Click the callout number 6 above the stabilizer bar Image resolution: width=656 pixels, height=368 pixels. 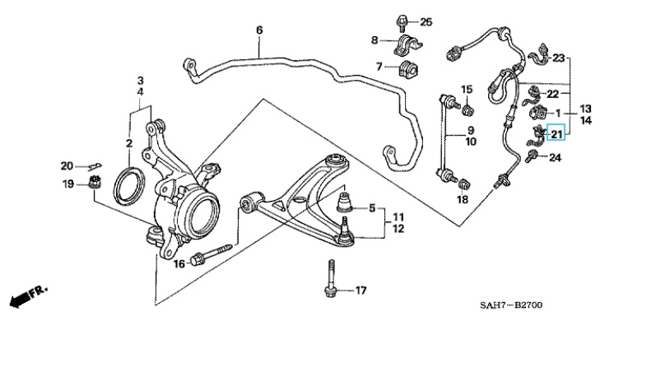tap(259, 30)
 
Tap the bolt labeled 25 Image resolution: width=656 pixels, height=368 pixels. tap(402, 22)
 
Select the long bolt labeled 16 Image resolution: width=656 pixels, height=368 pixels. tap(211, 254)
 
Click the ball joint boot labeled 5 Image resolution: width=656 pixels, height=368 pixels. tap(345, 202)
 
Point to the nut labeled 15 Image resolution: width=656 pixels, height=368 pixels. tap(468, 109)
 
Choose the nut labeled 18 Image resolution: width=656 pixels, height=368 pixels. tap(465, 184)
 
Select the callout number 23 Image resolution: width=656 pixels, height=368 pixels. tap(559, 58)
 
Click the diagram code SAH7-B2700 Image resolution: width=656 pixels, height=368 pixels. tap(511, 305)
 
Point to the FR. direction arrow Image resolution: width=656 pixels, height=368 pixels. tap(29, 296)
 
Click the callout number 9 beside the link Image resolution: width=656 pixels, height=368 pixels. tap(471, 130)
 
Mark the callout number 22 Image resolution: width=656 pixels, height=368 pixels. tap(552, 94)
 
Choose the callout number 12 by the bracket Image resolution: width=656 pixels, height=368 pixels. tap(398, 229)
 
